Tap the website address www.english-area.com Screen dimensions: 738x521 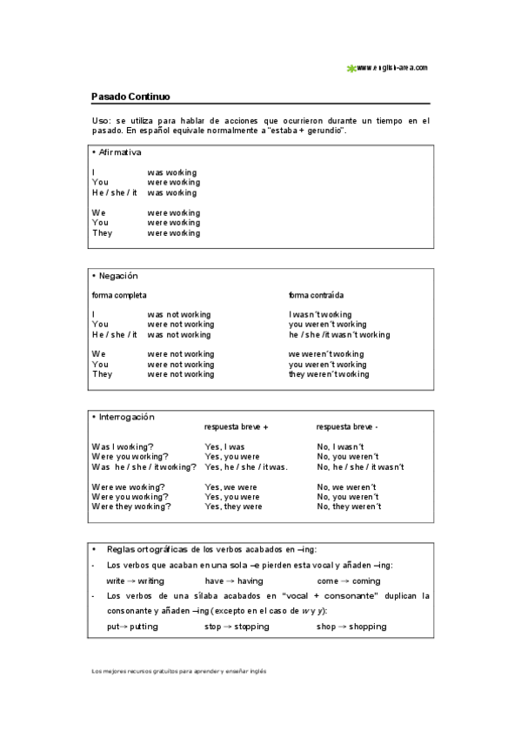(x=391, y=67)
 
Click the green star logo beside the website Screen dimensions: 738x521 (x=351, y=68)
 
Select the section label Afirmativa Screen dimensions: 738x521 (x=119, y=152)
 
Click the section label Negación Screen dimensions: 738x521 (x=117, y=276)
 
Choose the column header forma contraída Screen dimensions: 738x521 (x=316, y=295)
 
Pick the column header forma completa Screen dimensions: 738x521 (x=119, y=295)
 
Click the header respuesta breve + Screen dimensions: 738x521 (x=236, y=427)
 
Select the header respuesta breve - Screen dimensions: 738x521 (x=347, y=427)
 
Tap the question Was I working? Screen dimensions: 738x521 (x=123, y=446)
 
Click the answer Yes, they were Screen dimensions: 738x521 (x=233, y=507)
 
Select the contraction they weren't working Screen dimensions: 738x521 (x=329, y=374)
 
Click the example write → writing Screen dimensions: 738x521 (x=135, y=581)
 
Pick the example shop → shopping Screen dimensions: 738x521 (x=351, y=627)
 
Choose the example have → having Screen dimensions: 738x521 (x=234, y=581)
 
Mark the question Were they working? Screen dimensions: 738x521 (x=131, y=507)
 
